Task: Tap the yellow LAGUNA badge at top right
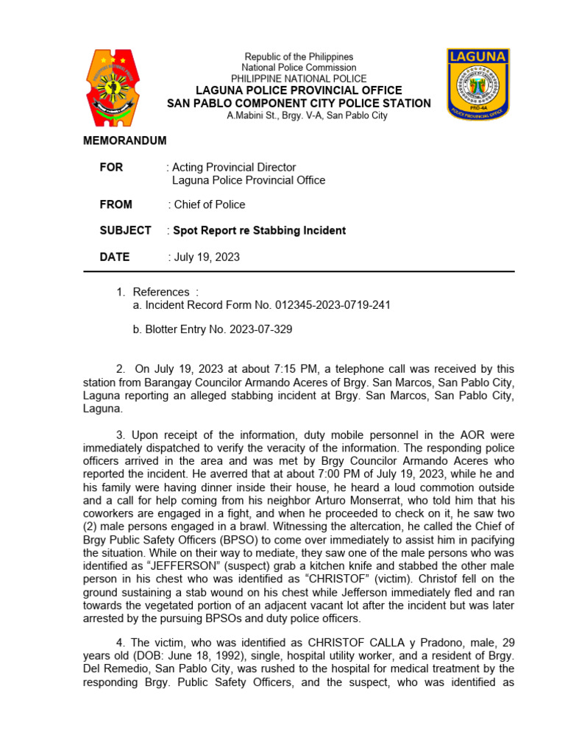pyautogui.click(x=477, y=83)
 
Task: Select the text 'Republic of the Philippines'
pyautogui.click(x=299, y=57)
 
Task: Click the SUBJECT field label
pyautogui.click(x=125, y=231)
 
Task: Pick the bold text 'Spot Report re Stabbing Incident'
pyautogui.click(x=259, y=231)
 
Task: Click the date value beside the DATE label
pyautogui.click(x=207, y=257)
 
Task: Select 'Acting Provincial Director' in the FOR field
pyautogui.click(x=234, y=168)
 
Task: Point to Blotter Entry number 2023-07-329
pyautogui.click(x=253, y=329)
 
